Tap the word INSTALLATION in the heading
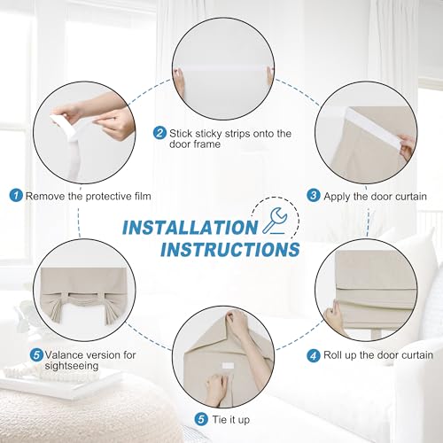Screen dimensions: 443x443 190,228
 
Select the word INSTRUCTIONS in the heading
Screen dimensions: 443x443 230,249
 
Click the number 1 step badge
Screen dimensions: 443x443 16,196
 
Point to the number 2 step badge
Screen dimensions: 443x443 159,133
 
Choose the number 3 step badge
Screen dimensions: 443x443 314,196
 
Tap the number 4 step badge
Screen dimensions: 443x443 314,355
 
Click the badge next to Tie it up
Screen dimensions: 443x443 201,419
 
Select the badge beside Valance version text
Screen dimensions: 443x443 36,354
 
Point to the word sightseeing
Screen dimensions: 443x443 72,366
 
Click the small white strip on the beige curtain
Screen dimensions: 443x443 228,365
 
